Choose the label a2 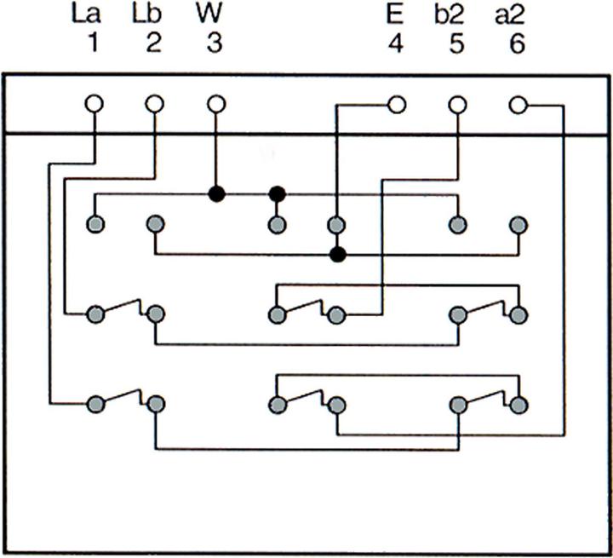click(516, 14)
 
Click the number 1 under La click(93, 43)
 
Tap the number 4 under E click(396, 43)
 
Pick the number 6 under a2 click(517, 43)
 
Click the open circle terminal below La click(94, 105)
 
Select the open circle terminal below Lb click(154, 105)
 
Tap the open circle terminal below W click(216, 105)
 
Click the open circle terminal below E click(397, 105)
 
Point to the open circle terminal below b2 click(457, 105)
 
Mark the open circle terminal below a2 click(518, 105)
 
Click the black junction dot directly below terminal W click(216, 193)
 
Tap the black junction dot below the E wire click(338, 254)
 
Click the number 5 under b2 click(456, 43)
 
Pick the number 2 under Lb click(153, 43)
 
